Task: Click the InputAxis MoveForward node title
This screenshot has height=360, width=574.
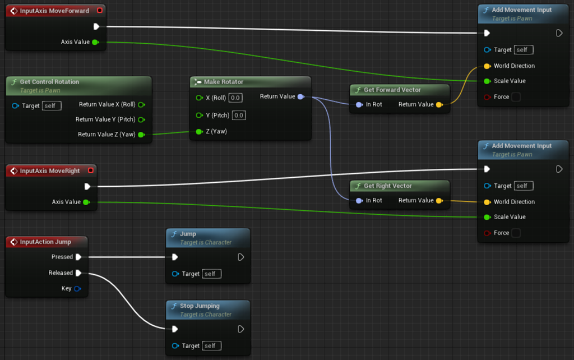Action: point(54,11)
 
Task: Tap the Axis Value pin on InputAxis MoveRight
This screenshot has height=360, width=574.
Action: point(86,202)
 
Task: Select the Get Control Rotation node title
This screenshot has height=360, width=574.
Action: point(49,82)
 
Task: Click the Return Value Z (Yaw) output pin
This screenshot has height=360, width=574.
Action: point(141,135)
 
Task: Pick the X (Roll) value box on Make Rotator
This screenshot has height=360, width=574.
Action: point(235,98)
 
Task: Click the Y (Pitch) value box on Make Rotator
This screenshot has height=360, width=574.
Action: point(239,116)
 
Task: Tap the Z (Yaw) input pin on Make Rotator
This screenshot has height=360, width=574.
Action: point(199,132)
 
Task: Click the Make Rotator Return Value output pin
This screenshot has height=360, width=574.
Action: point(301,97)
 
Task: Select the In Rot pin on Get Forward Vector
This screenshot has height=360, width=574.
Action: point(359,104)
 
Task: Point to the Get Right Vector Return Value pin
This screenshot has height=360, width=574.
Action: point(439,201)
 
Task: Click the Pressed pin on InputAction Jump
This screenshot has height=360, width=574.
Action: point(78,257)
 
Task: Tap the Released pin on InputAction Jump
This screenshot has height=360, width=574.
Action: point(78,273)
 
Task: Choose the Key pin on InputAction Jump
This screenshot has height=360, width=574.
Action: point(77,289)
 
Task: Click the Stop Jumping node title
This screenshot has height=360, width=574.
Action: point(200,306)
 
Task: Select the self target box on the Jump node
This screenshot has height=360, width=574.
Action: point(212,274)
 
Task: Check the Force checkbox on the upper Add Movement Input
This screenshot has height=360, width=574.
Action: point(516,97)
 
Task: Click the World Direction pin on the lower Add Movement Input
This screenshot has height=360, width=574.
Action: point(487,202)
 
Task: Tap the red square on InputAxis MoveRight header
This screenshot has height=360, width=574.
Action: point(91,170)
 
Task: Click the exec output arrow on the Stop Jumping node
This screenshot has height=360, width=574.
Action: point(240,329)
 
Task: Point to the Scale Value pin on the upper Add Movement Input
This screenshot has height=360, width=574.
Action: point(487,81)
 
